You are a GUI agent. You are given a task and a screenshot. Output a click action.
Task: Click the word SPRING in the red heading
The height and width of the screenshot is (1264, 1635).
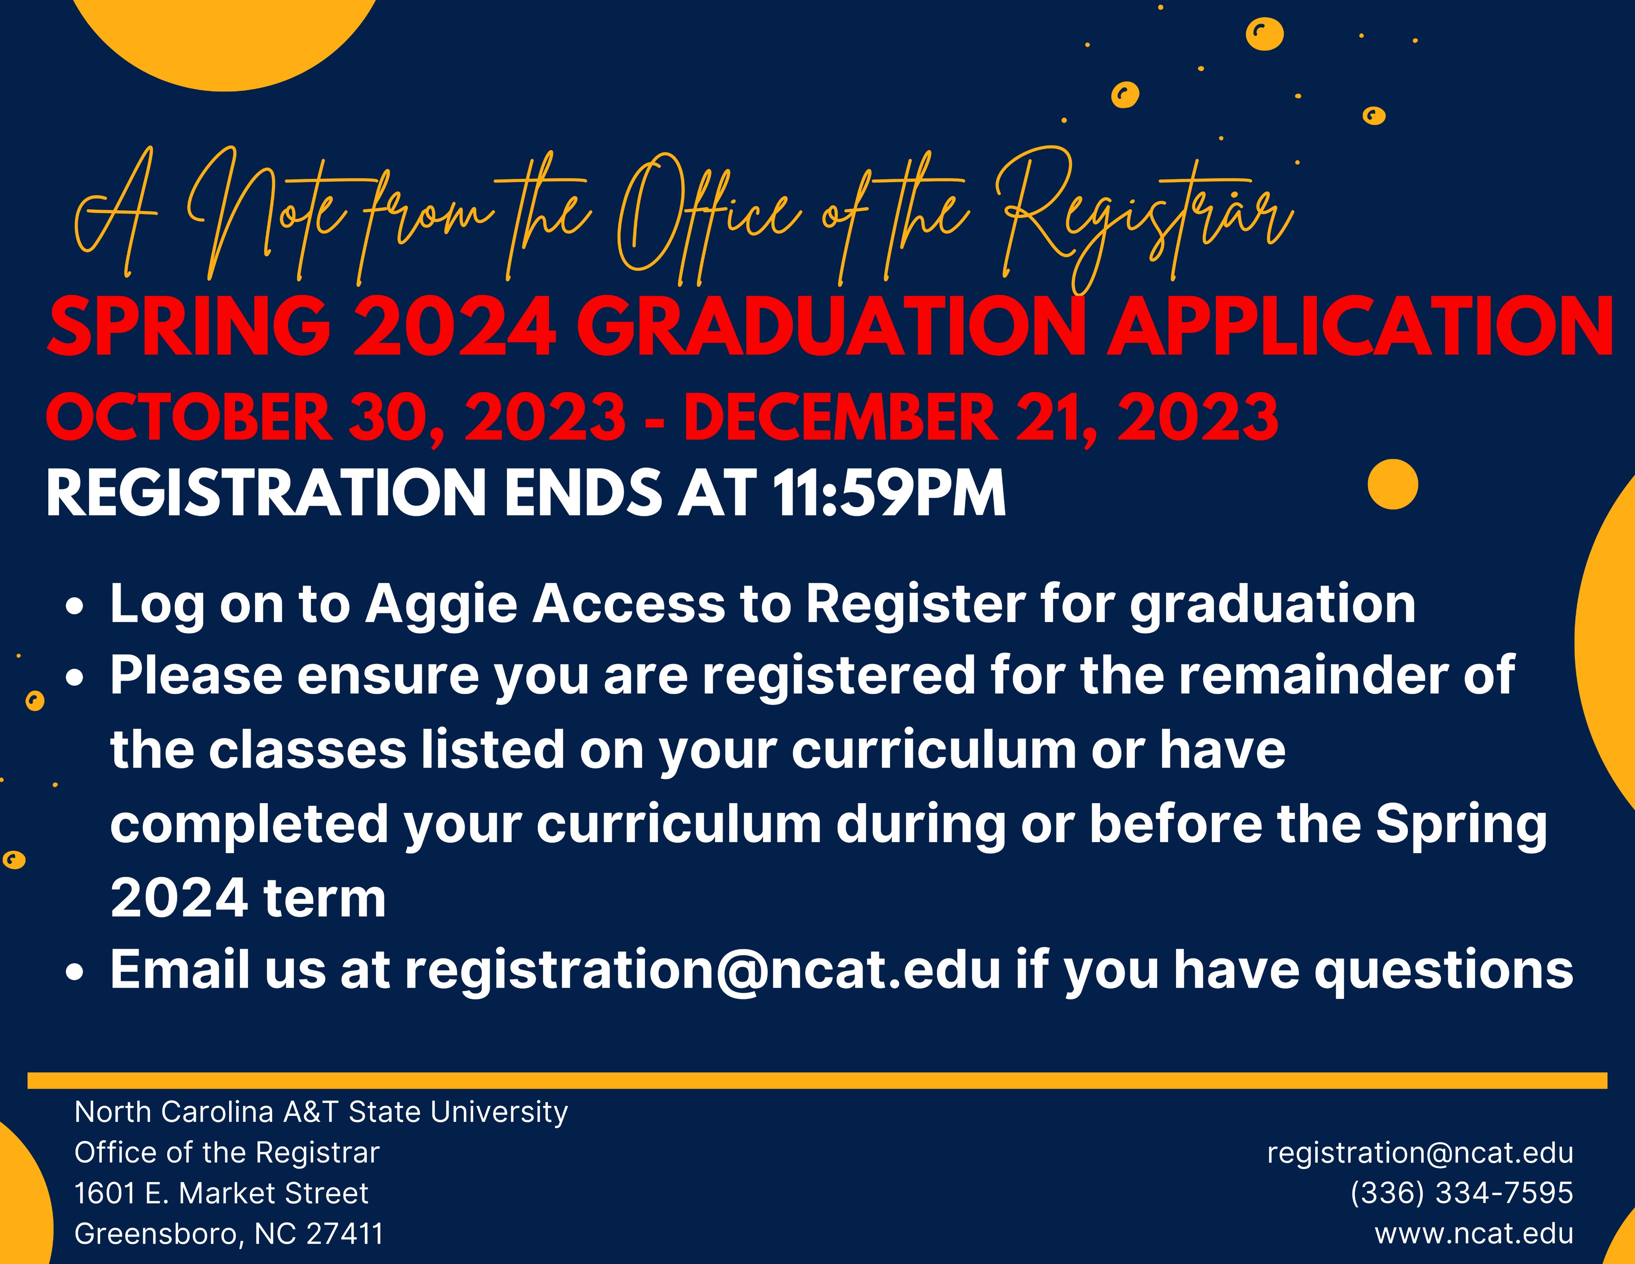189,327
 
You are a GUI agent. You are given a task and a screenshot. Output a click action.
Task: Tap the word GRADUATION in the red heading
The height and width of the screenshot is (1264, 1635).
831,327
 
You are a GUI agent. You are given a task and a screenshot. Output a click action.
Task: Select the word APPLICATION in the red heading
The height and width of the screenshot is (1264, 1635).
1359,327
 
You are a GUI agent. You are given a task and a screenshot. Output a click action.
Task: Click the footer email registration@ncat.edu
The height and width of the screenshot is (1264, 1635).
1420,1153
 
